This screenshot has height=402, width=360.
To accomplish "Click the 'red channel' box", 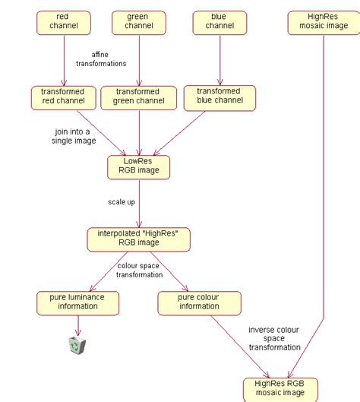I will [63, 22].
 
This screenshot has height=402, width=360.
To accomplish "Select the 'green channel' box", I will [139, 22].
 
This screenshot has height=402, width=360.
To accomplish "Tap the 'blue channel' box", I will [219, 22].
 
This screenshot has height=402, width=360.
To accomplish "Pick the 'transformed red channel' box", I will [63, 97].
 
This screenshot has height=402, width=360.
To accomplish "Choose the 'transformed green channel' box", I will [139, 97].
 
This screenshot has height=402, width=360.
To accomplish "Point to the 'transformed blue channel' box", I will [219, 97].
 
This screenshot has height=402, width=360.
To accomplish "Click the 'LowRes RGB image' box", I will [139, 166].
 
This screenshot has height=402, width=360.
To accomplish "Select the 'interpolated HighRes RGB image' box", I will [138, 239].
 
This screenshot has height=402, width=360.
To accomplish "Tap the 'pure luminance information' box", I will [77, 302].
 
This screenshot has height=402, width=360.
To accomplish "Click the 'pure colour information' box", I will [198, 302].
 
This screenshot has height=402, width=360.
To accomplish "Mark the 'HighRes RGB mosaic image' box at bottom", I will [279, 388].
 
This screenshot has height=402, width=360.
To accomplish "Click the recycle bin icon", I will [77, 346].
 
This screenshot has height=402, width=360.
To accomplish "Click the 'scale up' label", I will [122, 202].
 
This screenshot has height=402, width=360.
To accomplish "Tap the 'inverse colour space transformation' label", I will [274, 338].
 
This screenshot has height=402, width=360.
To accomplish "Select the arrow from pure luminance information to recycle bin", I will [77, 324].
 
